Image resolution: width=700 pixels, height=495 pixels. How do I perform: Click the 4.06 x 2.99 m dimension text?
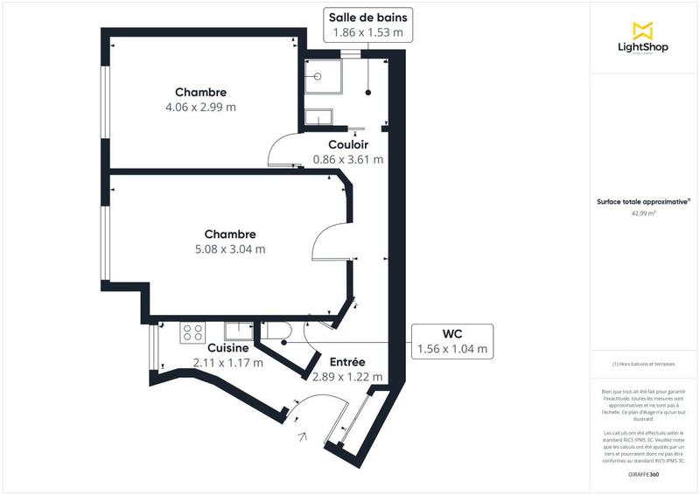point(200,107)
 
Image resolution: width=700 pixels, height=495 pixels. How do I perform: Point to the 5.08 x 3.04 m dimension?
point(230,248)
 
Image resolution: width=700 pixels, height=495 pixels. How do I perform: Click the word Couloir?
point(347,144)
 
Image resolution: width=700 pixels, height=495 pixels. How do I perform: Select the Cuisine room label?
point(227,348)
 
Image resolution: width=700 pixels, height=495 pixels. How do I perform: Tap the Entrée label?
point(346,361)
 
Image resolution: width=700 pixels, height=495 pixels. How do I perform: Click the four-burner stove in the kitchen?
point(192,332)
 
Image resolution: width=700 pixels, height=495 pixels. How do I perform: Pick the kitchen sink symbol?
point(238,331)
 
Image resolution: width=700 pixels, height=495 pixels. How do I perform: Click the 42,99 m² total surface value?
point(643,212)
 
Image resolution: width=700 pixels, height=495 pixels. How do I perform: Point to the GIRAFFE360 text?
point(643,473)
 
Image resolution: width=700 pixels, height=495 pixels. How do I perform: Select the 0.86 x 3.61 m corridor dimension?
point(347,159)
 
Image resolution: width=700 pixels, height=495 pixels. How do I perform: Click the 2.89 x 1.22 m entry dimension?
point(346,376)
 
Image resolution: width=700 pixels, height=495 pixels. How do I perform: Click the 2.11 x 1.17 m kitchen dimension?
point(227,362)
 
